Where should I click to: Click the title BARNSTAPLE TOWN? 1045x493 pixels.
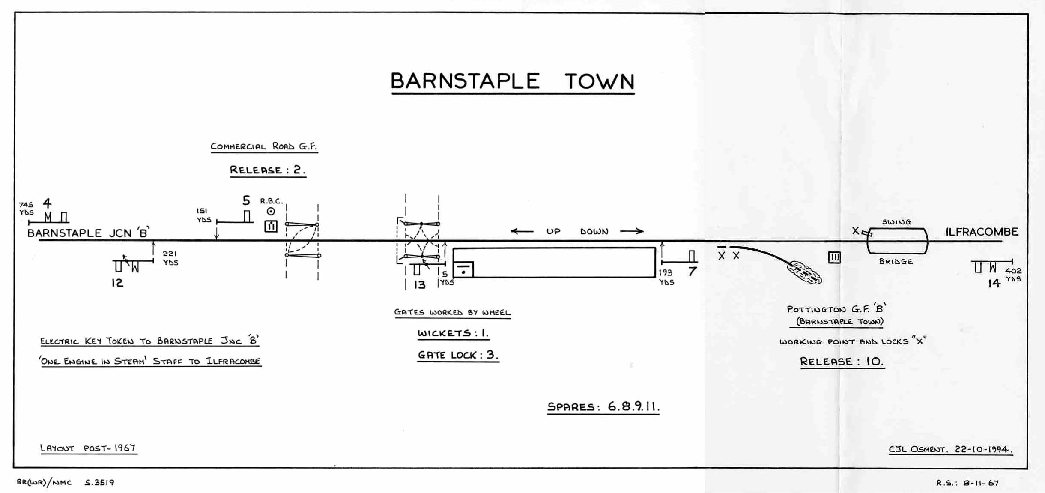[x=512, y=81]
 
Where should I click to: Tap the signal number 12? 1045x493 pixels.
[x=117, y=283]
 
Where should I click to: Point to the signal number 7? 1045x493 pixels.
[x=692, y=272]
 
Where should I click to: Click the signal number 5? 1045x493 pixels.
[x=246, y=200]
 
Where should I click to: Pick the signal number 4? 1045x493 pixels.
[x=47, y=203]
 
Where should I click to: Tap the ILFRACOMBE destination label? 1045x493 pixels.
[x=982, y=232]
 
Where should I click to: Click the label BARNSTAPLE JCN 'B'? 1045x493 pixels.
[x=88, y=233]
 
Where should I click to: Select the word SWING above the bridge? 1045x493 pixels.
[x=896, y=222]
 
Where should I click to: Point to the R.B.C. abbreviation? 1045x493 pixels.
[x=271, y=201]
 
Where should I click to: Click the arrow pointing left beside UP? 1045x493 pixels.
[x=522, y=231]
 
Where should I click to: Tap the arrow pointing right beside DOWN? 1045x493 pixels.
[x=632, y=231]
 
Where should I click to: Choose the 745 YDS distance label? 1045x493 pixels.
[x=26, y=209]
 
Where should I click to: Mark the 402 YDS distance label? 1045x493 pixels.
[x=1013, y=275]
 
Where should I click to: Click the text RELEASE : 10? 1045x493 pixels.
[x=842, y=362]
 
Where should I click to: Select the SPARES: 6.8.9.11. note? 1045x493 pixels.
[x=603, y=406]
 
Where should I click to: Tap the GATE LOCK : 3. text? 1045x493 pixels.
[x=458, y=355]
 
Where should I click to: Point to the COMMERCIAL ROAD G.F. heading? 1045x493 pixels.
[x=264, y=146]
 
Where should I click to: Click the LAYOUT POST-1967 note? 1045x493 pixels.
[x=88, y=448]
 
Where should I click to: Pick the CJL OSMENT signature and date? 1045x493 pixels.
[x=950, y=449]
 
